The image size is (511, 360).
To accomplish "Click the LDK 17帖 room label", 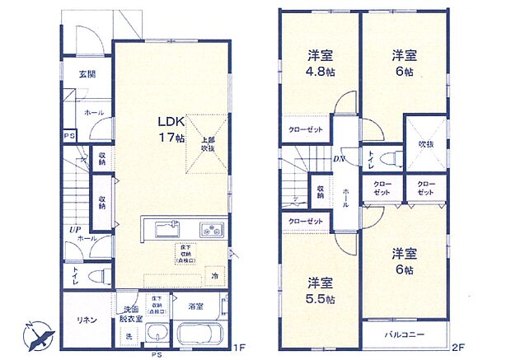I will coord(171,129).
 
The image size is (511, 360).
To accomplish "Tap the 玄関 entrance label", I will coord(87,74).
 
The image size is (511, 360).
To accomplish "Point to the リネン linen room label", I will coord(88,319).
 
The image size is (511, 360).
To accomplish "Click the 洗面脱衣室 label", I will coord(130,312).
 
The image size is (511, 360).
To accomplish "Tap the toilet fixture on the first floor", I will coord(97,276).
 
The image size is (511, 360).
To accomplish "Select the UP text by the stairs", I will coord(73,230).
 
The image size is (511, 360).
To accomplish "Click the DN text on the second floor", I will coord(338,160).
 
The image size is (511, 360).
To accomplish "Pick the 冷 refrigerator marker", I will coord(214,276).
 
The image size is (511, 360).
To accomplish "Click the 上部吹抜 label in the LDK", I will coord(207,144).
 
